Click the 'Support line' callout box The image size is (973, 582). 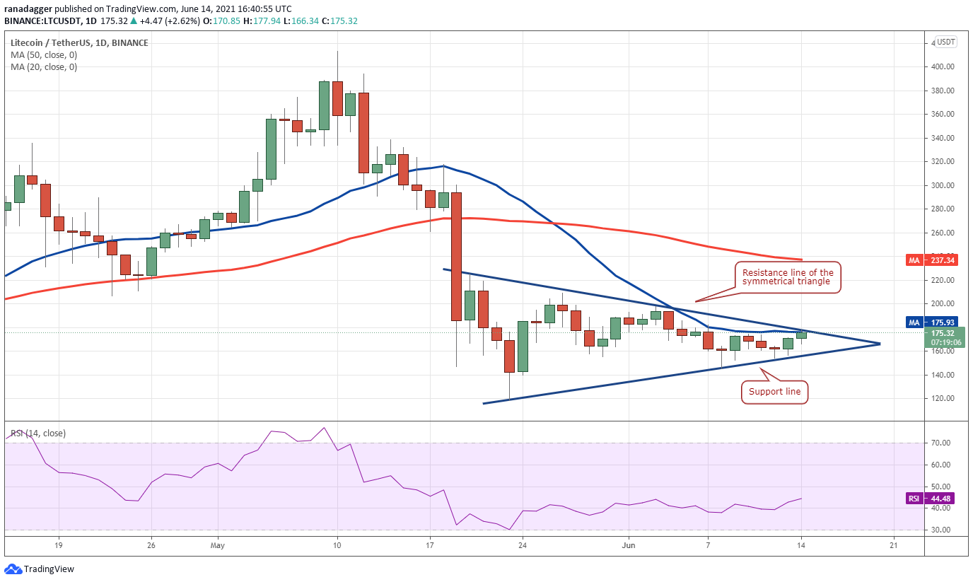[x=774, y=392]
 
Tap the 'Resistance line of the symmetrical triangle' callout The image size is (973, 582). [x=788, y=277]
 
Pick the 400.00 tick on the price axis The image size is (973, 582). [x=943, y=67]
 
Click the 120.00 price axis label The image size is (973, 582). [x=943, y=398]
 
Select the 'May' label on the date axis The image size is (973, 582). [x=217, y=545]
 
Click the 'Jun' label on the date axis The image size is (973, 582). [x=628, y=545]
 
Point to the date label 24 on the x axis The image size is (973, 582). [x=523, y=545]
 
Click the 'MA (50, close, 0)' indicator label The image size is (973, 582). [x=44, y=55]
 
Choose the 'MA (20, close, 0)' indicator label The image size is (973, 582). [x=44, y=67]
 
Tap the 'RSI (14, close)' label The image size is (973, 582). [x=38, y=433]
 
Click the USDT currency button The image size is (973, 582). [x=945, y=42]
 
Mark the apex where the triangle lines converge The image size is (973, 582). [x=880, y=344]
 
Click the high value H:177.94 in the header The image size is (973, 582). [x=262, y=21]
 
